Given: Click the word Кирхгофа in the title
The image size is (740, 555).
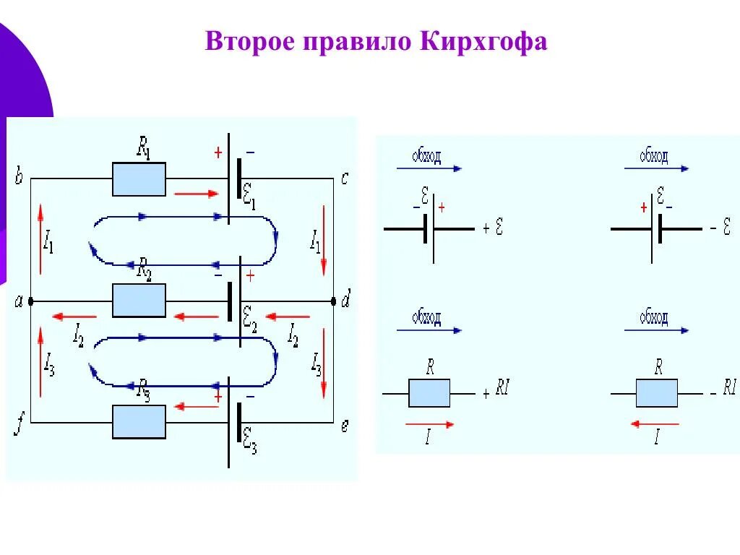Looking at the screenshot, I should (x=482, y=41).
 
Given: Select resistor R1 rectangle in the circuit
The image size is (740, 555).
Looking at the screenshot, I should (x=139, y=178).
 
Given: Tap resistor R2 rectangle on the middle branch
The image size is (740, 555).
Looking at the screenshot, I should (x=139, y=300).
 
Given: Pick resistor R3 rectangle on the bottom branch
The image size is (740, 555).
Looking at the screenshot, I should (x=139, y=421).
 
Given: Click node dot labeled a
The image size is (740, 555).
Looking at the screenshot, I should (x=30, y=301).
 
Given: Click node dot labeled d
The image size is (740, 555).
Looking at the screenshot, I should (x=333, y=301).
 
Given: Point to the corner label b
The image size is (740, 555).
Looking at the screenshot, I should (x=18, y=177).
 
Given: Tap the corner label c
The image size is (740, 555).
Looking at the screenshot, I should (x=345, y=178).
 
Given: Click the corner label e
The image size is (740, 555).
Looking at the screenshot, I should (x=345, y=426).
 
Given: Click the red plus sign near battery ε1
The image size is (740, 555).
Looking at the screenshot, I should (x=218, y=153).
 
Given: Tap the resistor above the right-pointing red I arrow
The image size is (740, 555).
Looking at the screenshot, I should (x=429, y=393).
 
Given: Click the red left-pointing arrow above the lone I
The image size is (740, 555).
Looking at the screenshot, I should (x=655, y=424).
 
